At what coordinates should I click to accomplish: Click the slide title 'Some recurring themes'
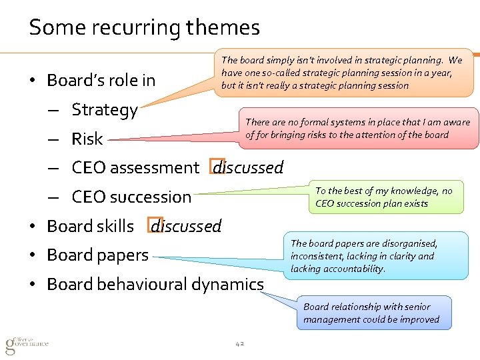tap(144, 28)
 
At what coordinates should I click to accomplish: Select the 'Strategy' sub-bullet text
tap(105, 110)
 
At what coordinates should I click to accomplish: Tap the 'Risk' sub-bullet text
tap(87, 139)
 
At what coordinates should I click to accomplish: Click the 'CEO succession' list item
tap(131, 197)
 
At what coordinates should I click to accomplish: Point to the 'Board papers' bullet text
tap(97, 255)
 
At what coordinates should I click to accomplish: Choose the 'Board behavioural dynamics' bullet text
tap(155, 285)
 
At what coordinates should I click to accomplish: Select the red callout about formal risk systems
tap(357, 128)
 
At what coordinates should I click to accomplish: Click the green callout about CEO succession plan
tap(385, 197)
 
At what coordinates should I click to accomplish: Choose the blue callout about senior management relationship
tap(371, 313)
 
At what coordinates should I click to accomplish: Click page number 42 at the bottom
tap(240, 344)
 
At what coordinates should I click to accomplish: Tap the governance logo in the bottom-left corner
tap(27, 343)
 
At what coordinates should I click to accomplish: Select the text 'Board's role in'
tap(101, 81)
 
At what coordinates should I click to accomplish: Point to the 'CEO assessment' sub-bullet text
tap(135, 168)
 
